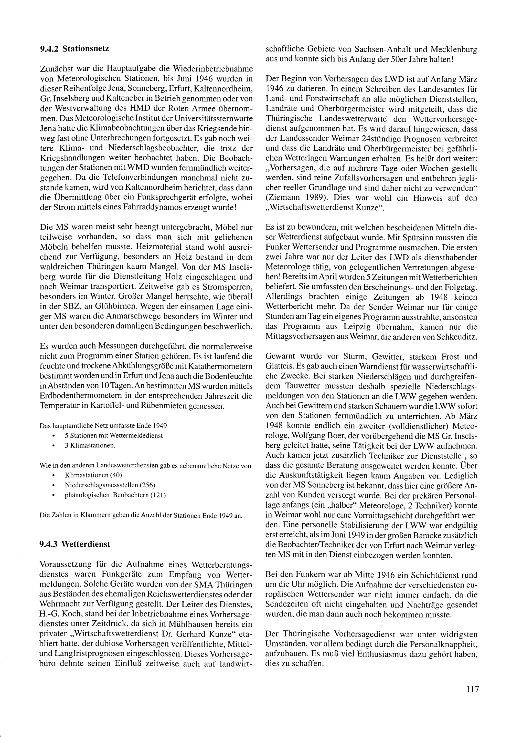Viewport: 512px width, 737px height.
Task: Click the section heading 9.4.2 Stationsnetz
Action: point(74,49)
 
